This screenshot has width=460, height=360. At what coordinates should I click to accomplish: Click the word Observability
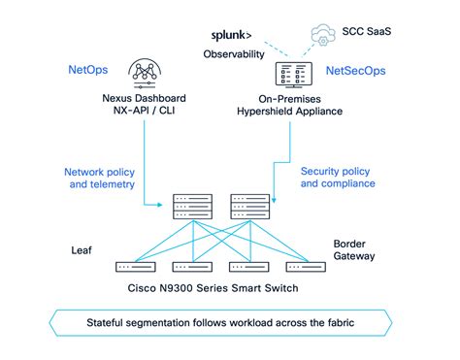(234, 54)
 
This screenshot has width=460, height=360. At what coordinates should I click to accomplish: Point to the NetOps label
(86, 71)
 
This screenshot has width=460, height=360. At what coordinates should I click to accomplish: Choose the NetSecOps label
(356, 71)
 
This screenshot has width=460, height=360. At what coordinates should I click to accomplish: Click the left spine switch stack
(192, 207)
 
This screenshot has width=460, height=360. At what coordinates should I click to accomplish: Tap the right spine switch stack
(248, 207)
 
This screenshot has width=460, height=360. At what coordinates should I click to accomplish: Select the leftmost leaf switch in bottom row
(135, 266)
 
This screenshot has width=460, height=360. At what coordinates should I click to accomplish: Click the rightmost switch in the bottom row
(305, 266)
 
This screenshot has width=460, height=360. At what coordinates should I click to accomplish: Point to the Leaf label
(83, 248)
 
